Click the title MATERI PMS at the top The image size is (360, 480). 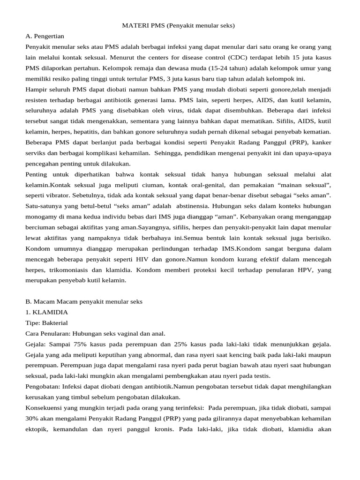178,25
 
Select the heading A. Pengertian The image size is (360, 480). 45,36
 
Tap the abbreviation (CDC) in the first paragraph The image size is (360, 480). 240,57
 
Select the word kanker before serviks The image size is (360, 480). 321,142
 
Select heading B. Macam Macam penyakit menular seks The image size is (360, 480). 84,301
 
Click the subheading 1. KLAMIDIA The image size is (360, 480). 46,312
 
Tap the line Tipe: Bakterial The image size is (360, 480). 46,323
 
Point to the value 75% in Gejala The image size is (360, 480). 76,344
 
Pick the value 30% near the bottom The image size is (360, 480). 32,419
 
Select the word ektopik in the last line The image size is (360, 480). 37,429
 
